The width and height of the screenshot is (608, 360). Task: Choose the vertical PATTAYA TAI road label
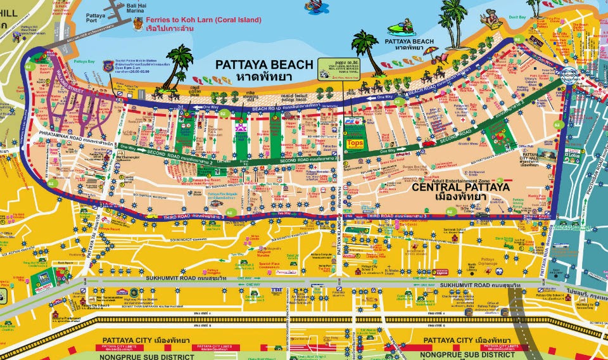pyautogui.click(x=97, y=240)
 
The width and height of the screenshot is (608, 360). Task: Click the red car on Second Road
pyautogui.click(x=429, y=144)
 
